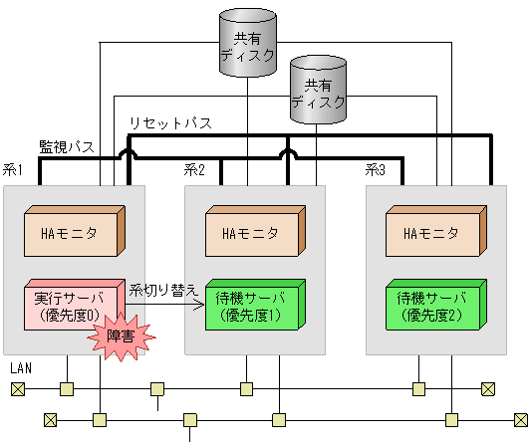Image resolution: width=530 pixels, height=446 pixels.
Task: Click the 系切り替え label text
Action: pyautogui.click(x=163, y=289)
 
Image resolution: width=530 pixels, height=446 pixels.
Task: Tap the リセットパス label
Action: pyautogui.click(x=169, y=123)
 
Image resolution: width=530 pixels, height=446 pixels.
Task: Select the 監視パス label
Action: pyautogui.click(x=66, y=146)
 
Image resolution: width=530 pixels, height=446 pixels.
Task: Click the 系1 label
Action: pyautogui.click(x=13, y=170)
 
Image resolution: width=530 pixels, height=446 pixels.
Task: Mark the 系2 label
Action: pyautogui.click(x=194, y=170)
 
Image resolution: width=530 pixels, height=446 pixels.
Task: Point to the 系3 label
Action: pyautogui.click(x=375, y=170)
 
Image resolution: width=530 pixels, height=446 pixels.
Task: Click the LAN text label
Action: pyautogui.click(x=20, y=368)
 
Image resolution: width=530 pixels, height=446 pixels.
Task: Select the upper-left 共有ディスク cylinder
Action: pyautogui.click(x=245, y=42)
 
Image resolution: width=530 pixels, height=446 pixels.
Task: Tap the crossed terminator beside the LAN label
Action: pyautogui.click(x=17, y=388)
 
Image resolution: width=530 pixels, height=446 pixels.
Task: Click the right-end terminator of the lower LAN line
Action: pyautogui.click(x=518, y=419)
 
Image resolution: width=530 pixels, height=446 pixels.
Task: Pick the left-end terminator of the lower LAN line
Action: pyautogui.click(x=50, y=419)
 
